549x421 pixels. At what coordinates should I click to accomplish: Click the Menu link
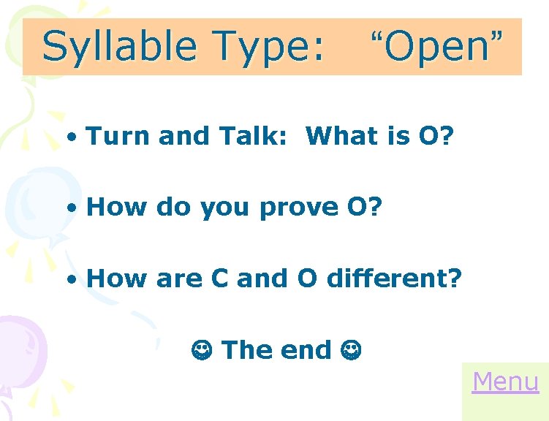tap(505, 382)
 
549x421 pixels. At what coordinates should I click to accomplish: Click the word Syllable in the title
tap(120, 47)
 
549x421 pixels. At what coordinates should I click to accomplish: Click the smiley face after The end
tap(349, 350)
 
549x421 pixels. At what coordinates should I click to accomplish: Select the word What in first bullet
tap(338, 135)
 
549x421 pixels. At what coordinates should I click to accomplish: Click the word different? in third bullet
tap(395, 278)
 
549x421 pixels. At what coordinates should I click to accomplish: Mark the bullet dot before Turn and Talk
tap(72, 137)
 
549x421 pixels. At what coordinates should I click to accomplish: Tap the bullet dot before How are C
tap(72, 279)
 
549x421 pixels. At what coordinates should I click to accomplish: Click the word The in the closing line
tap(246, 350)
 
